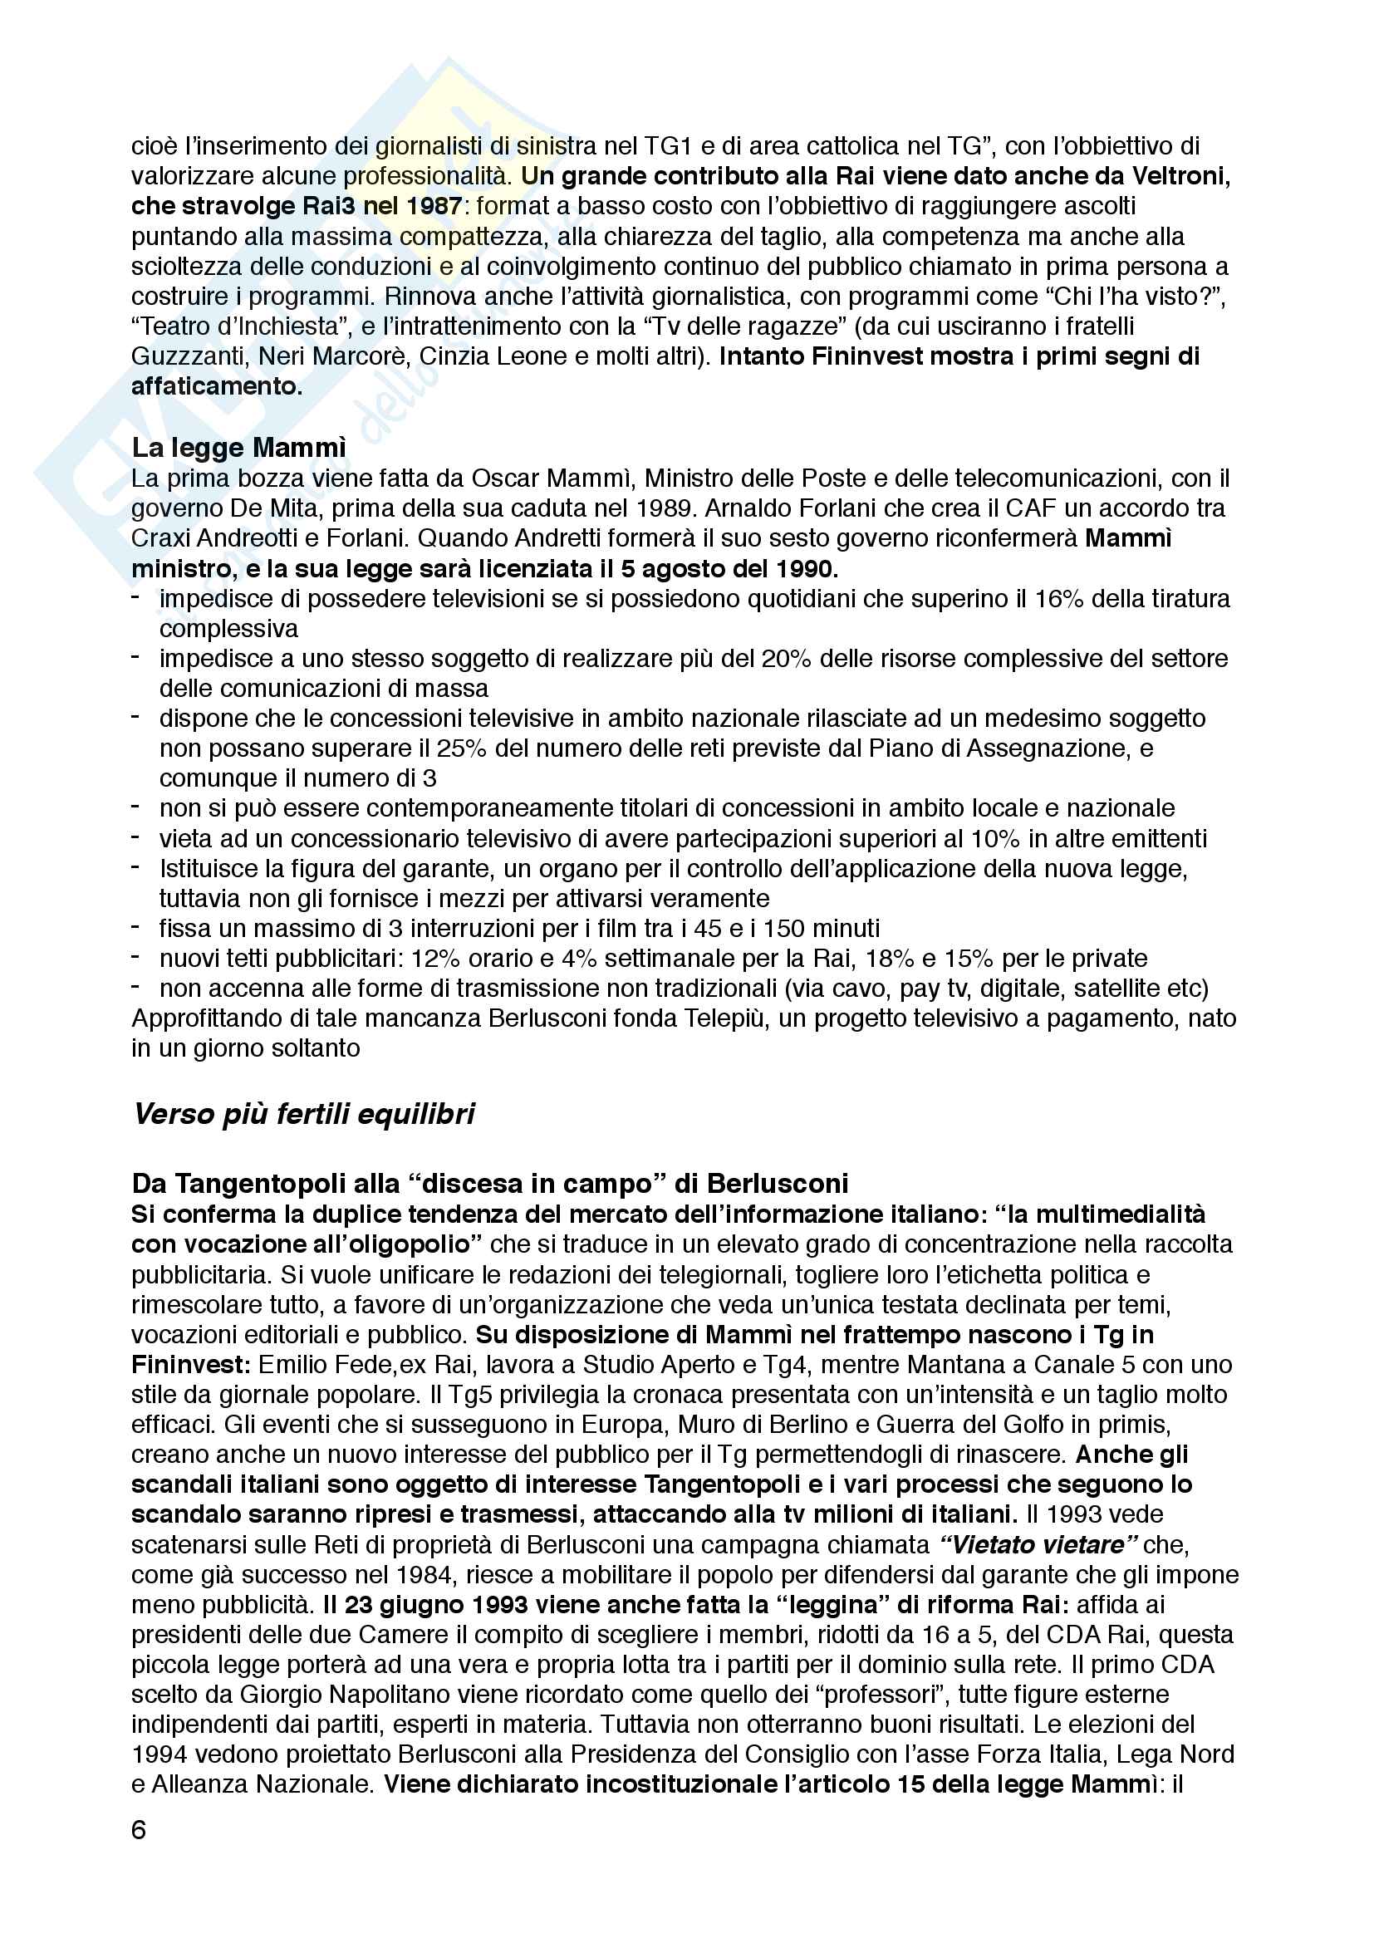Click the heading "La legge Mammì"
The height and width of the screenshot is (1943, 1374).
pos(238,448)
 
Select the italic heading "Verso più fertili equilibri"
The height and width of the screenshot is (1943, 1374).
pos(304,1114)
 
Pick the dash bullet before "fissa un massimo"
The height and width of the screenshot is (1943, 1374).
pos(135,927)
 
